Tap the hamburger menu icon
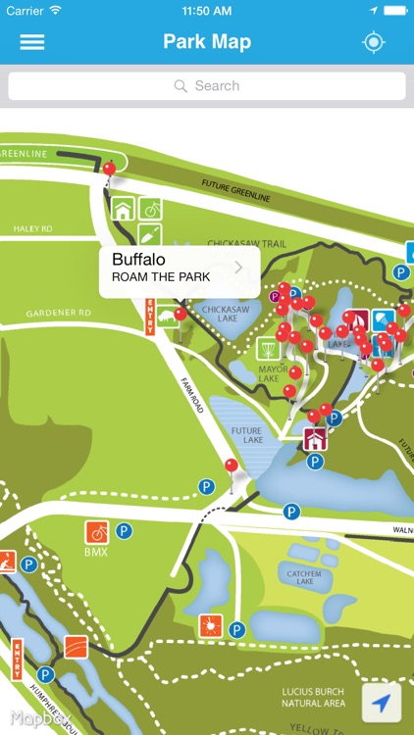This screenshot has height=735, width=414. [x=32, y=42]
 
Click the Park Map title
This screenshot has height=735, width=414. [x=207, y=42]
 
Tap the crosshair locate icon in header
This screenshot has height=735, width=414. [x=373, y=42]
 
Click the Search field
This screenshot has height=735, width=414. [x=207, y=86]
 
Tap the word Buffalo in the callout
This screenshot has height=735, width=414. [x=140, y=260]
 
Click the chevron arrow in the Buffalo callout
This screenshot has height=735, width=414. [x=239, y=267]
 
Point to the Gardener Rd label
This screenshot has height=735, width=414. [x=59, y=313]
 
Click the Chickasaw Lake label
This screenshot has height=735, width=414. [x=219, y=314]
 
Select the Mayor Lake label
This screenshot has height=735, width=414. [x=269, y=373]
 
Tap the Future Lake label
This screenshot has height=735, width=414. [x=246, y=435]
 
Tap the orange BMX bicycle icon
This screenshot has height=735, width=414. [x=97, y=531]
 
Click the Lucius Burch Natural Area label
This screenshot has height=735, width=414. [x=312, y=697]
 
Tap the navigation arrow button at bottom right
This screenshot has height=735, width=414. [x=382, y=702]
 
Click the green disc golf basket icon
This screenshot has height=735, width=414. [x=267, y=348]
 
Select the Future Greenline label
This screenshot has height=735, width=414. [x=235, y=190]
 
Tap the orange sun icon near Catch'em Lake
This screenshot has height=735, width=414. [x=208, y=625]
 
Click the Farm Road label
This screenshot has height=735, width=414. [x=192, y=394]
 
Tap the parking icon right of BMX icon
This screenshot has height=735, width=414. [x=124, y=531]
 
